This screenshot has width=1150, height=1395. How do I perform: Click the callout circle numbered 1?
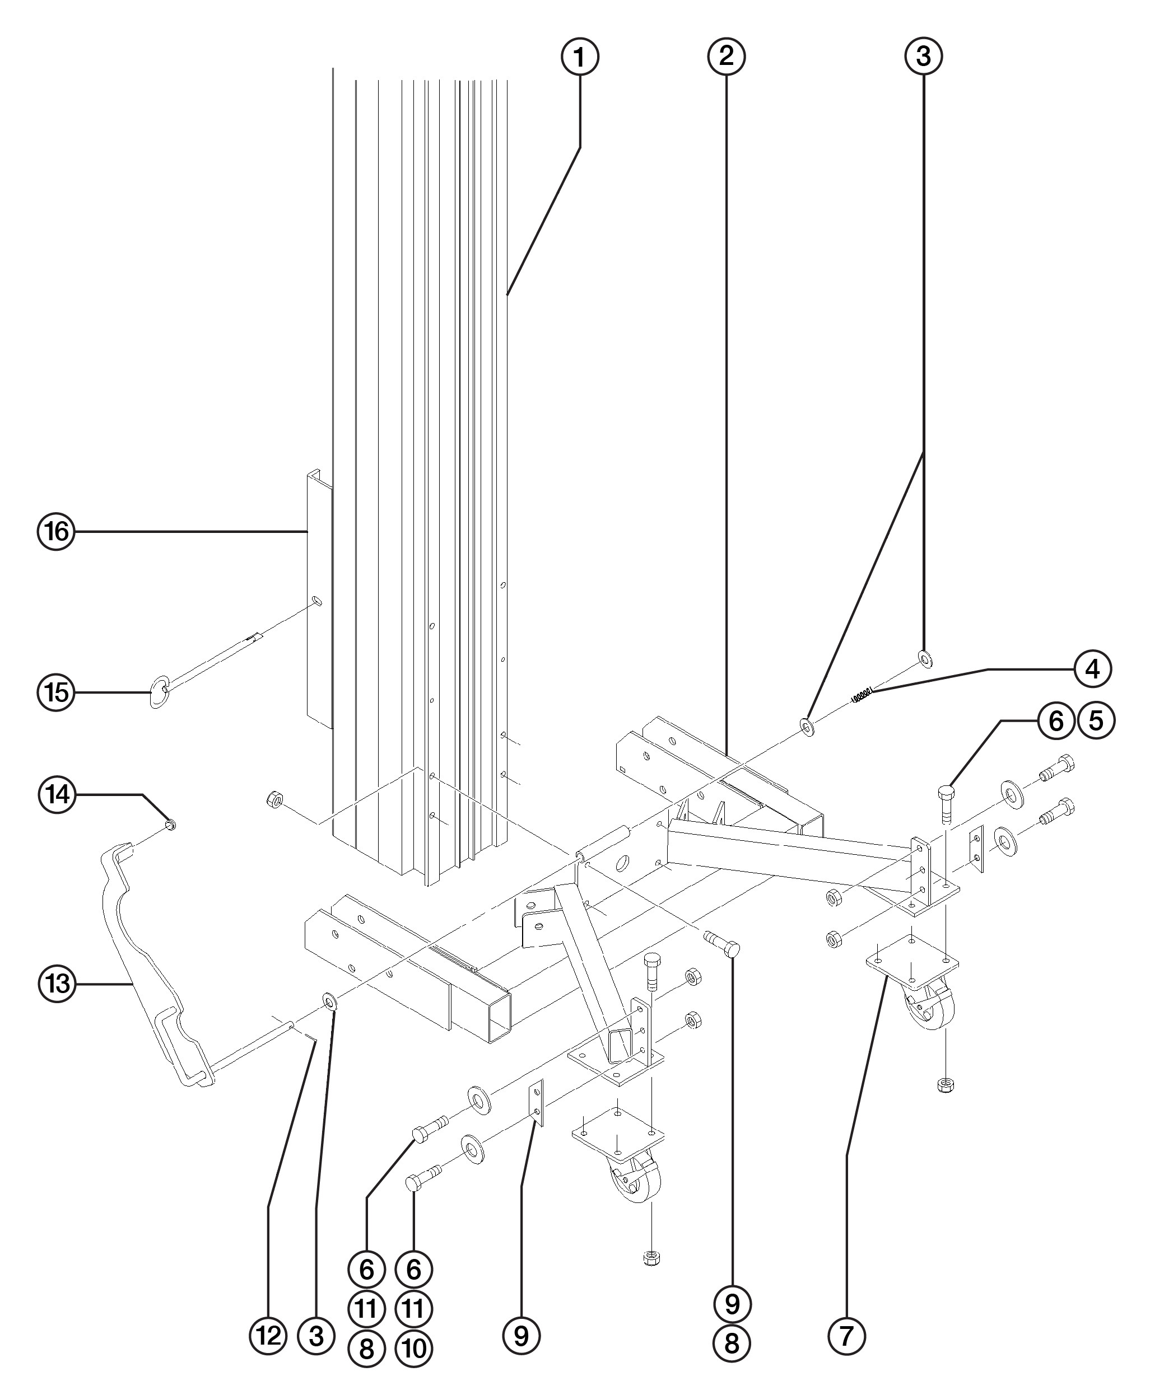click(580, 58)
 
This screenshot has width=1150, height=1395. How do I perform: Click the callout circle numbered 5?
click(1096, 720)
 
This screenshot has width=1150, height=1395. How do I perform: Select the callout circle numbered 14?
click(58, 794)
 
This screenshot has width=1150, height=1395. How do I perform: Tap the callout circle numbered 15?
click(57, 693)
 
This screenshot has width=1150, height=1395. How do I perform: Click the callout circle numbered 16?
click(57, 531)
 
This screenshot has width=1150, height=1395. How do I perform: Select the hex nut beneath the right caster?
click(944, 1084)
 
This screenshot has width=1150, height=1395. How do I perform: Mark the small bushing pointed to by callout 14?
click(170, 824)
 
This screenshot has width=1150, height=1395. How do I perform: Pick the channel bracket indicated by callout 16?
click(318, 596)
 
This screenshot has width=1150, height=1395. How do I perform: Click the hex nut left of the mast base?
click(272, 800)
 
